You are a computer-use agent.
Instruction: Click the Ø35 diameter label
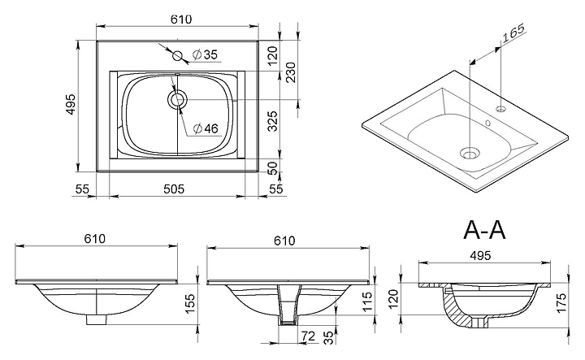point(205,54)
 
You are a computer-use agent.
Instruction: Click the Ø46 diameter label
point(206,128)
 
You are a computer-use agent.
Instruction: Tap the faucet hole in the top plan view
point(177,56)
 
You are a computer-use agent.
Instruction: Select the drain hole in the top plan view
point(177,100)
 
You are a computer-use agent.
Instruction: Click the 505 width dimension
point(174,189)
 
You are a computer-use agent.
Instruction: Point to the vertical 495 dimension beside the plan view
point(70,105)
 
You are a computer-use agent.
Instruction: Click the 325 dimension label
point(273,121)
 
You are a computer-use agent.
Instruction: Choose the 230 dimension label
point(291,72)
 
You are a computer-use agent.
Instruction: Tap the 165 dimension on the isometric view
point(513,33)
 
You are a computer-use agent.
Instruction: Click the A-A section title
point(484,230)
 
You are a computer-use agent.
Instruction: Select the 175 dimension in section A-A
point(561,303)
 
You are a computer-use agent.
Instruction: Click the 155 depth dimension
point(190,303)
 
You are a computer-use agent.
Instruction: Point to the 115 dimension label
point(367,301)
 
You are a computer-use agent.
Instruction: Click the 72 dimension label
point(308,336)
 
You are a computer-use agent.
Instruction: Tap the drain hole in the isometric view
point(470,153)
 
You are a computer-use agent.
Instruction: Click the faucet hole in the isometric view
point(500,109)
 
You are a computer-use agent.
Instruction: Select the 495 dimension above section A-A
point(480,255)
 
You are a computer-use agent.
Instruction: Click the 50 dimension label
point(274,168)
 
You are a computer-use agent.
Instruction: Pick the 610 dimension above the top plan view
point(181,20)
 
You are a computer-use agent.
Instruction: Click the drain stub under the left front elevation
point(96,319)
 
